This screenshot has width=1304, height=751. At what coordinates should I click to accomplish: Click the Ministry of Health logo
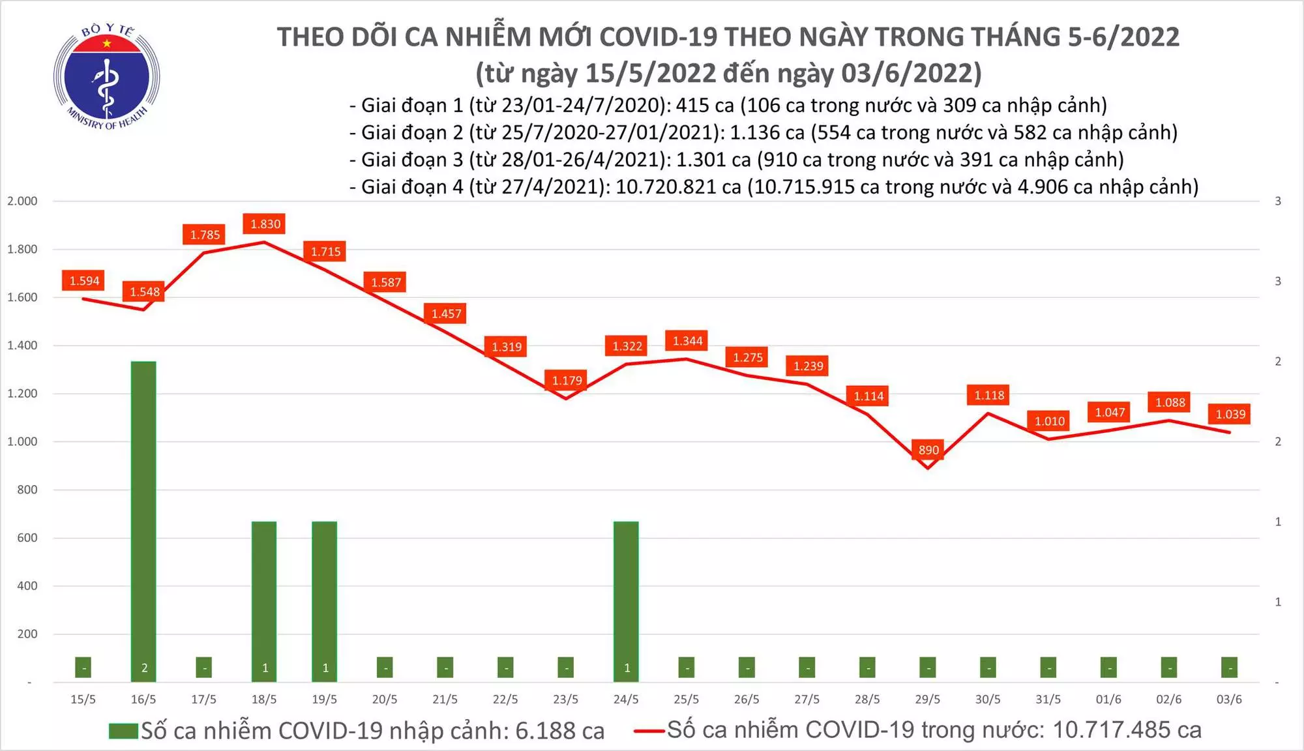click(106, 77)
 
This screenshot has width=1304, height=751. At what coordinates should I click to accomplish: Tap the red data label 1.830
click(265, 224)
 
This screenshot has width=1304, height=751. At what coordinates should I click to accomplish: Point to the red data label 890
click(928, 450)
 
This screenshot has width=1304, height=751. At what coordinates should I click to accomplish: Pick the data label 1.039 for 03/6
click(1230, 414)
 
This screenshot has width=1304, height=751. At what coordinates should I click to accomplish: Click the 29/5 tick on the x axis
click(927, 699)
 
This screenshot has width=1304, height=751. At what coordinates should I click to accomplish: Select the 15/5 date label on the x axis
click(83, 699)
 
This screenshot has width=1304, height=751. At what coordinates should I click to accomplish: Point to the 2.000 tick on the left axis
click(22, 201)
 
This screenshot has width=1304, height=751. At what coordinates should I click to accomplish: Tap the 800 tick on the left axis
click(27, 490)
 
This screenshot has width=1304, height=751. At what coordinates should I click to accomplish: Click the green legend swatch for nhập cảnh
click(123, 731)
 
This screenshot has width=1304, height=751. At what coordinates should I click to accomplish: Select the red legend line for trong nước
click(649, 731)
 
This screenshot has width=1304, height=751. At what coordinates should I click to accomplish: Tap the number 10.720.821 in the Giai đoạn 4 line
click(678, 187)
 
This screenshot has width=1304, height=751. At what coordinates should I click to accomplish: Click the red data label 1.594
click(85, 281)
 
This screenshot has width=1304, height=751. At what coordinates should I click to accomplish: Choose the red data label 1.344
click(688, 341)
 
